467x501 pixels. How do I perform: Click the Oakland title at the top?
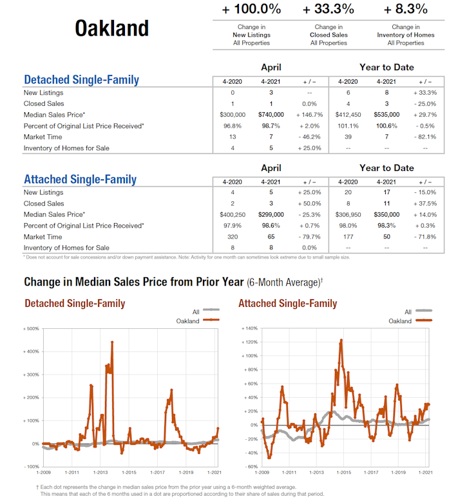point(111,28)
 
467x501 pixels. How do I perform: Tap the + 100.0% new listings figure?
point(251,10)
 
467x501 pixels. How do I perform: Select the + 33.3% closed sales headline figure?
point(329,10)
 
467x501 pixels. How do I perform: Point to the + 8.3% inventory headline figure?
point(406,10)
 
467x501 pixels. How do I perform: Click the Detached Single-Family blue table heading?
point(81,80)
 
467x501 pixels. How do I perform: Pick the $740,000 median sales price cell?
point(271,115)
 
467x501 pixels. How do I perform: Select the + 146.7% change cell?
point(309,115)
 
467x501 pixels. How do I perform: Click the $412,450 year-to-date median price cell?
point(348,115)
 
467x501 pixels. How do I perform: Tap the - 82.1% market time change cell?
point(425,137)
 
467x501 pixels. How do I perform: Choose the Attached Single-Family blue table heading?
point(80,179)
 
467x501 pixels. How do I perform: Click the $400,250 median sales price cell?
point(233,214)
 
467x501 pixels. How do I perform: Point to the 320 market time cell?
point(233,237)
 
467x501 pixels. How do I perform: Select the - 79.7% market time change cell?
point(309,237)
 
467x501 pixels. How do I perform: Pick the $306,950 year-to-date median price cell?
point(348,214)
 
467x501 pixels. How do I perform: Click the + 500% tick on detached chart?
point(32,328)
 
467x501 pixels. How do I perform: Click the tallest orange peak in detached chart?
point(112,342)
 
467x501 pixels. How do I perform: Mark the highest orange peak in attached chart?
point(341,340)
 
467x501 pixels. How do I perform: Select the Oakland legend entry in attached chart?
point(400,320)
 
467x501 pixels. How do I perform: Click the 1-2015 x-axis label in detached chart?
point(129,473)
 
